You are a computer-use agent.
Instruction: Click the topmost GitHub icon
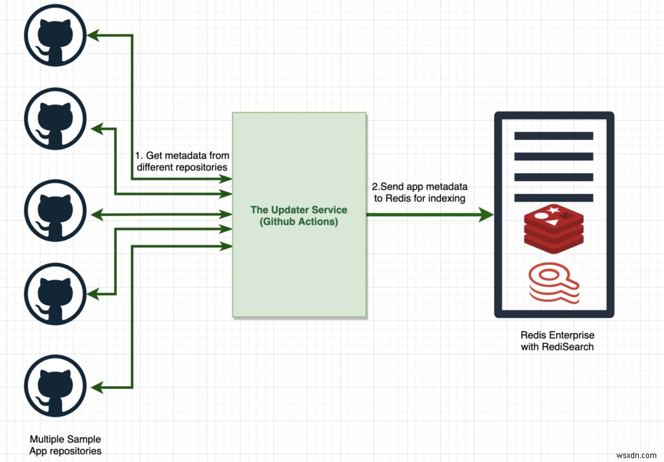pyautogui.click(x=54, y=37)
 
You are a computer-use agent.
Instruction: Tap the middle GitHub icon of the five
pyautogui.click(x=54, y=212)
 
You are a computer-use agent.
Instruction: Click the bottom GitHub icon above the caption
pyautogui.click(x=54, y=388)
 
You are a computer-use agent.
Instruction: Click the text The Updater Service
pyautogui.click(x=299, y=210)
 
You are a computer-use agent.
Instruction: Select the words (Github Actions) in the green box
pyautogui.click(x=299, y=221)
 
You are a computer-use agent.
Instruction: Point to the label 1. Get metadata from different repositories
pyautogui.click(x=182, y=161)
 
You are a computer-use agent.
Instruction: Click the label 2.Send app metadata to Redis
pyautogui.click(x=419, y=192)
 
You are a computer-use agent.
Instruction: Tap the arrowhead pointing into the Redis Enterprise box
pyautogui.click(x=486, y=215)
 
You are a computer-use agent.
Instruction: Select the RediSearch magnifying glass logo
pyautogui.click(x=553, y=283)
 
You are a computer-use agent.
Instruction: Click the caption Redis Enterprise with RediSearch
pyautogui.click(x=557, y=341)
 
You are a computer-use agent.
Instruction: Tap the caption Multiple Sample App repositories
pyautogui.click(x=65, y=445)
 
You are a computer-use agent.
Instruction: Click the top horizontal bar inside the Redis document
pyautogui.click(x=553, y=136)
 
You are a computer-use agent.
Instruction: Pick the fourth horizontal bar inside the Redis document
pyautogui.click(x=553, y=197)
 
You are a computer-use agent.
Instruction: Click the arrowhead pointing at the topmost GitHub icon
pyautogui.click(x=95, y=36)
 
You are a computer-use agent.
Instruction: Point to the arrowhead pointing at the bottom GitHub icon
pyautogui.click(x=95, y=387)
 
